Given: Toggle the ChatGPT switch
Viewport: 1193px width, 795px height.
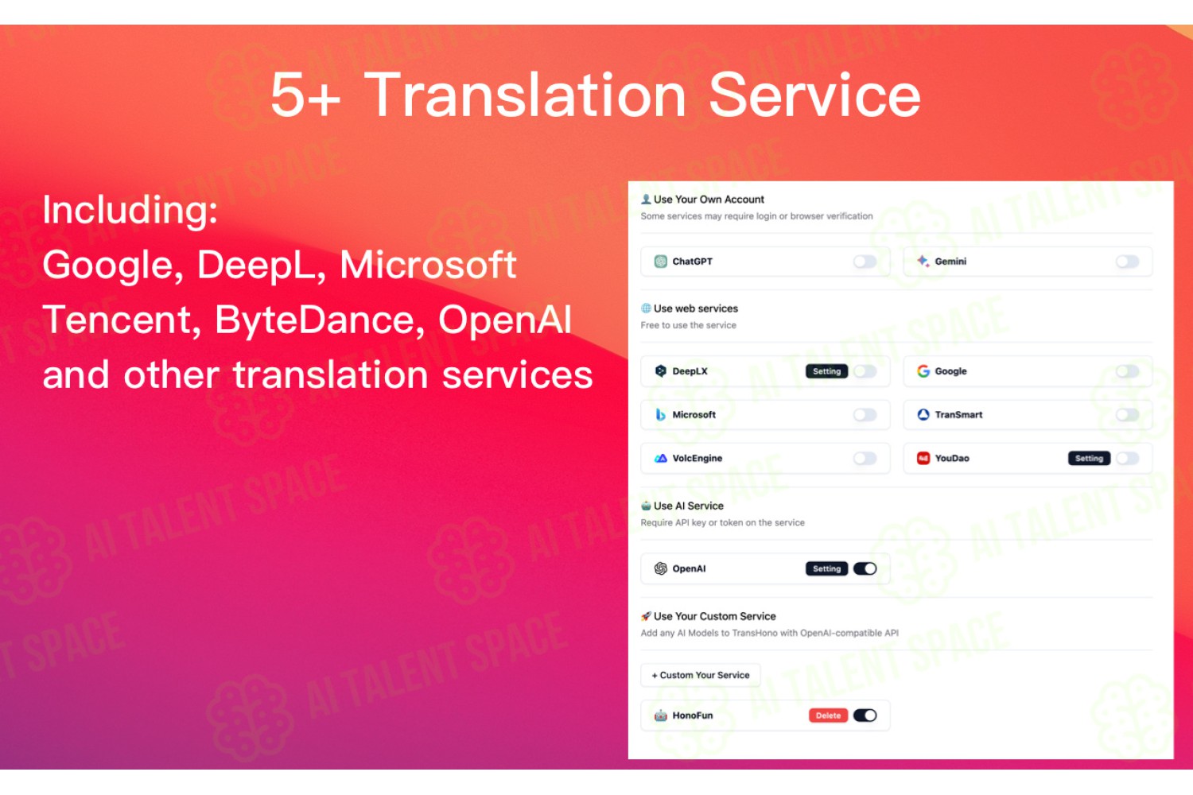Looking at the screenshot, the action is click(865, 262).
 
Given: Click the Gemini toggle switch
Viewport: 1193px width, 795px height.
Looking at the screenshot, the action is click(1128, 262).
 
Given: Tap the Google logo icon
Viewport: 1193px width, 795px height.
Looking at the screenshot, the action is click(923, 371).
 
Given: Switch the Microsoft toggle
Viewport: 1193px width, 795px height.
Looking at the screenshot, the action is click(865, 415).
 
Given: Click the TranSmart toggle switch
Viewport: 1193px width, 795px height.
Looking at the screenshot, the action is click(1128, 415).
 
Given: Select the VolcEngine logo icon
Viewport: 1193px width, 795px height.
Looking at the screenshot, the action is click(660, 459).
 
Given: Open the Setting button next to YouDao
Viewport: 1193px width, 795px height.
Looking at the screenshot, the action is click(1089, 459).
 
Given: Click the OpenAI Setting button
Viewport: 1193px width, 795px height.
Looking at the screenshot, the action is click(826, 568).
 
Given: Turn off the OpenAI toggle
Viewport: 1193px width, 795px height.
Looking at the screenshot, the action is click(865, 568).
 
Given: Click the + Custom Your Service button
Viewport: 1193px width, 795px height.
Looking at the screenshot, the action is click(701, 675).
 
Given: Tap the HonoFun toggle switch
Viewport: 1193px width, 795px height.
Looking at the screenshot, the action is click(865, 715).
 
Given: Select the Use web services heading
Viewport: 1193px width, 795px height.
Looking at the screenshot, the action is click(696, 308).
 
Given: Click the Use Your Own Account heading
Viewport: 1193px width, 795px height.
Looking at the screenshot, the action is click(709, 200).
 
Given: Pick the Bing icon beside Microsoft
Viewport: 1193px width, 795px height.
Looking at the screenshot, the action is click(660, 415).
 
